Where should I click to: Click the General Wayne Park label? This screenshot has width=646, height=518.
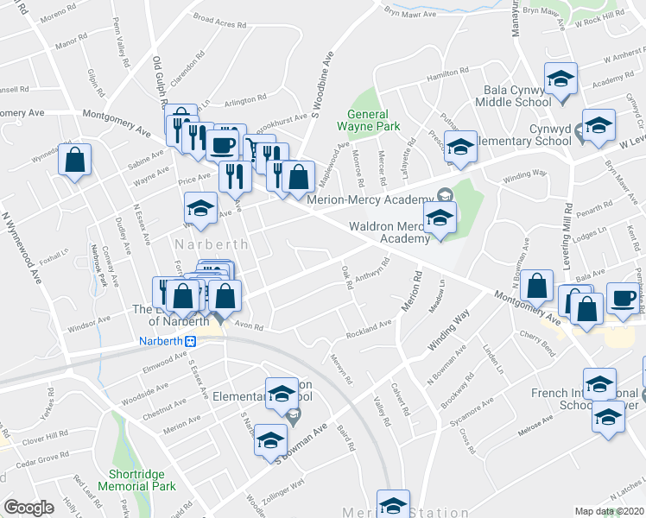[x=379, y=120]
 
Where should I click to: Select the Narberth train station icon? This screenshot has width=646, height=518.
[x=195, y=341]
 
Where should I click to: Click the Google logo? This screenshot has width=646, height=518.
[x=28, y=508]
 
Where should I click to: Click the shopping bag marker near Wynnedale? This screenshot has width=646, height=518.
[x=75, y=160]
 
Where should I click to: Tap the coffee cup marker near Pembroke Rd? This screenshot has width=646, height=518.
[x=622, y=298]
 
